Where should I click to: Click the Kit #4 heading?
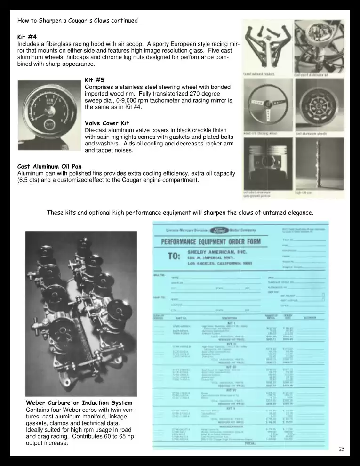click(x=27, y=37)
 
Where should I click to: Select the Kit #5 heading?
click(x=95, y=80)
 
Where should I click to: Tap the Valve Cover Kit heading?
click(x=107, y=123)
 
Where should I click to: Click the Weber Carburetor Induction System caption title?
click(x=79, y=403)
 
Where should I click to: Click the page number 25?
click(x=342, y=449)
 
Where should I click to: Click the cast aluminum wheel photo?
click(x=319, y=106)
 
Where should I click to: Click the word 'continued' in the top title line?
click(x=123, y=21)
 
